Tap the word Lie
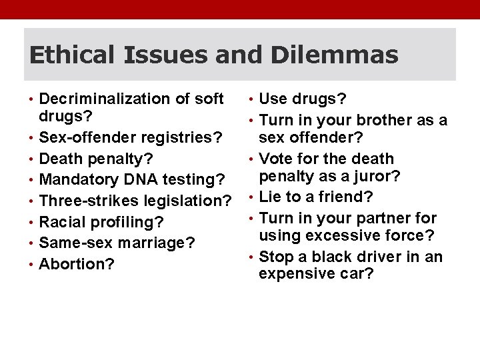point(271,197)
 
